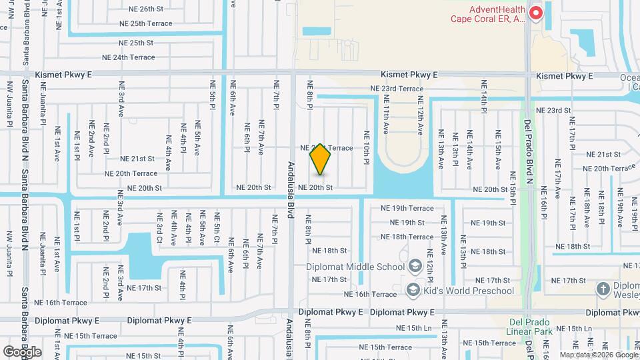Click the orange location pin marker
click(320, 159)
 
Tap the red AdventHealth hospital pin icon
click(535, 12)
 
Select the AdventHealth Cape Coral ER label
click(497, 14)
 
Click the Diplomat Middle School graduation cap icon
click(415, 267)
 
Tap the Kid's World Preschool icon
click(413, 291)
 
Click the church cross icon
click(603, 289)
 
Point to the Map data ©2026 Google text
click(598, 355)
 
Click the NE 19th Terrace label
click(407, 208)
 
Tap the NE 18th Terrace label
click(407, 237)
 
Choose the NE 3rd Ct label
click(159, 228)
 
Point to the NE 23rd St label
click(553, 111)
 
